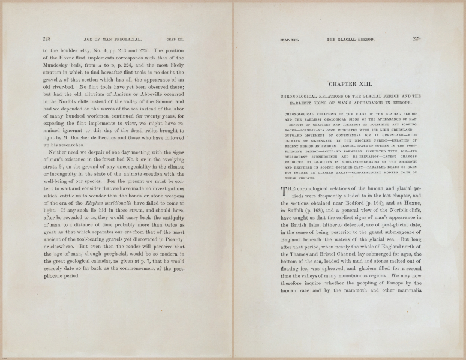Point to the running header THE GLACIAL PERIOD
[351, 40]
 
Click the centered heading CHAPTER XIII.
[351, 85]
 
